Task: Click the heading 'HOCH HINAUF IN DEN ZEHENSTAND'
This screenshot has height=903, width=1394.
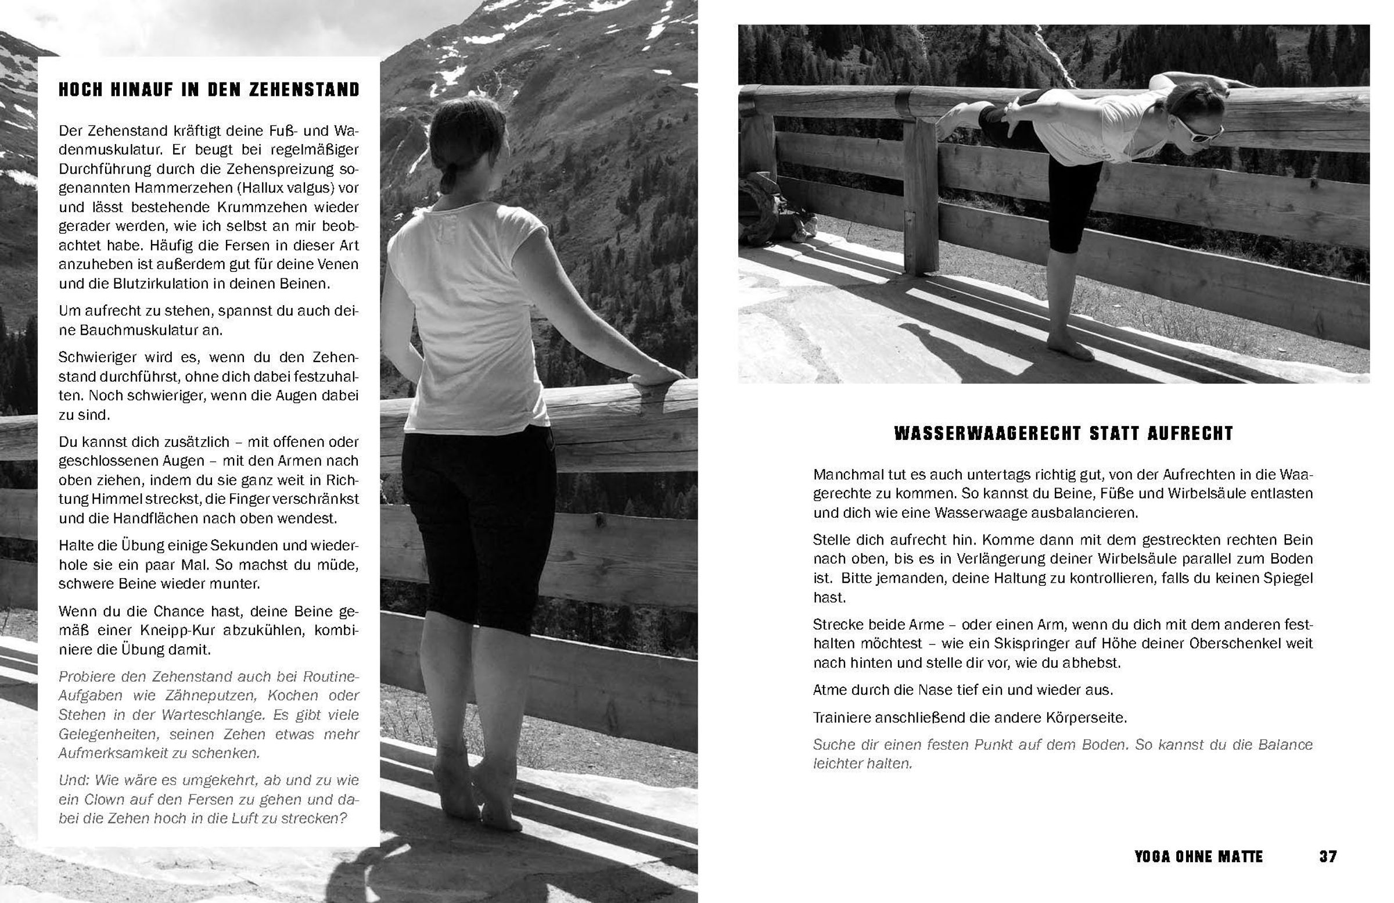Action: click(209, 89)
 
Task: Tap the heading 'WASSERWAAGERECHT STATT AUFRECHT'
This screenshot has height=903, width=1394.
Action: click(1064, 433)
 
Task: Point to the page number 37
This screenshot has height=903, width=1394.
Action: click(1328, 857)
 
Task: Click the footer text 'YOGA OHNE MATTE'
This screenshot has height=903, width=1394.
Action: click(1198, 857)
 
